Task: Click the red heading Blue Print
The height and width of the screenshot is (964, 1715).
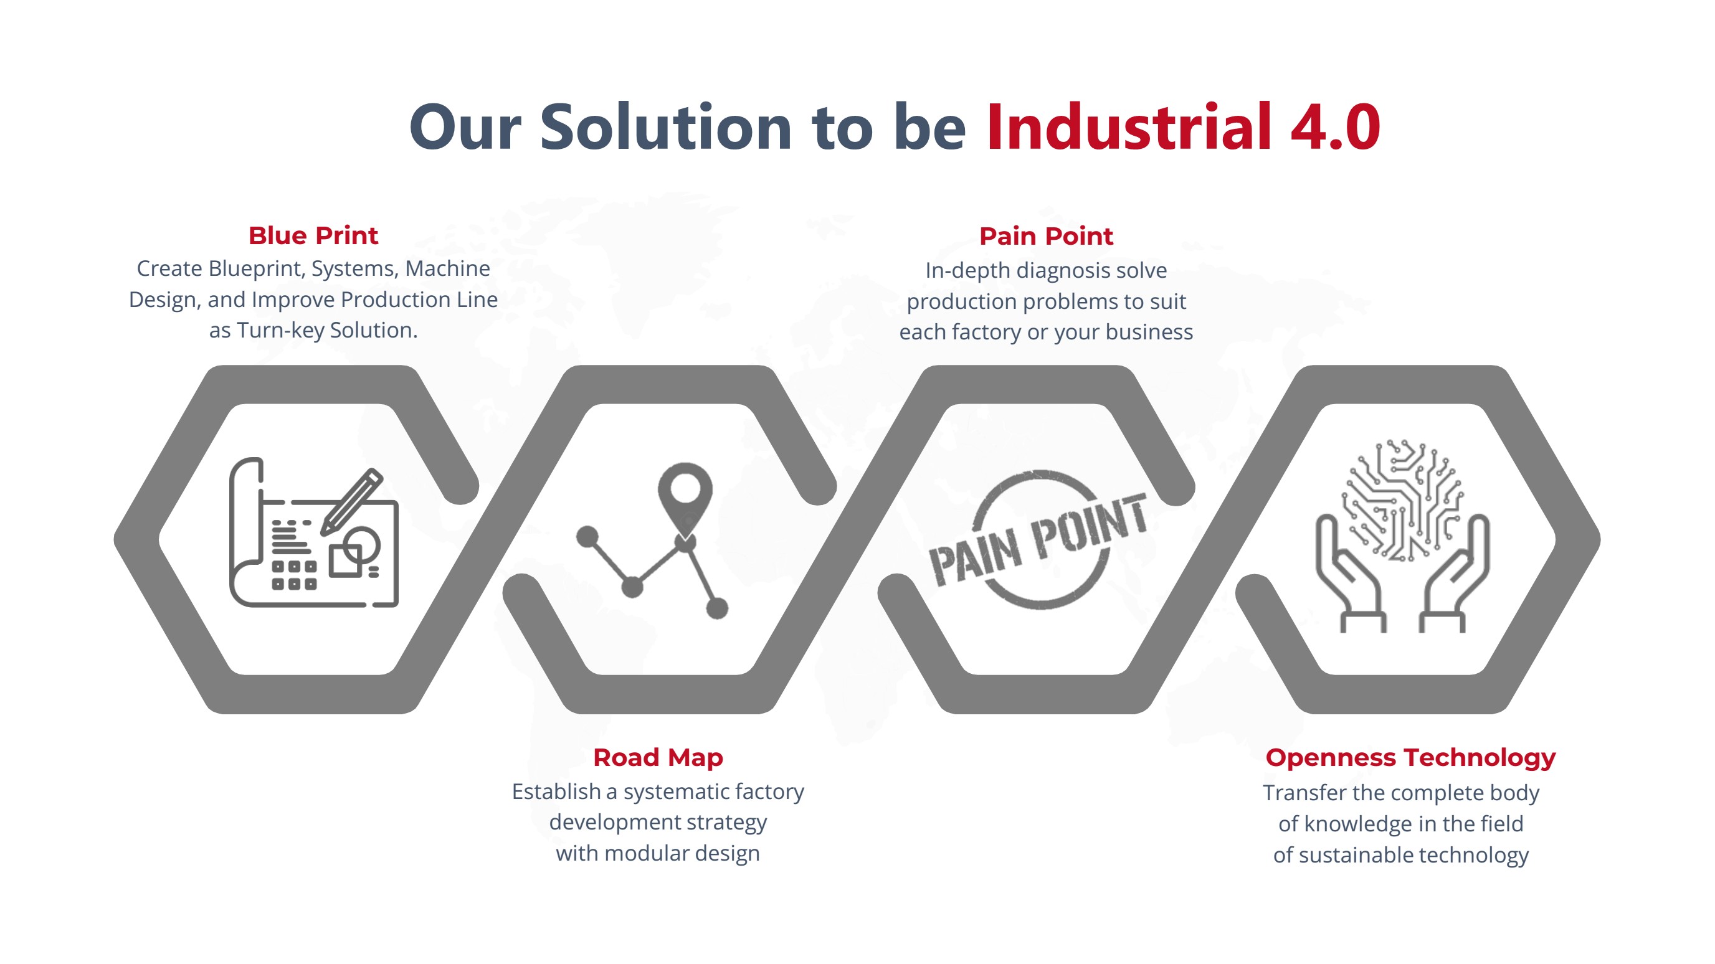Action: coord(313,235)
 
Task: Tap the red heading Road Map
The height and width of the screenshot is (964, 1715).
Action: coord(658,758)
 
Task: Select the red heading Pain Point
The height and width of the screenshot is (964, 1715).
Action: coord(1046,237)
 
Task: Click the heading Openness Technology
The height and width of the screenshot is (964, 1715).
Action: coord(1410,758)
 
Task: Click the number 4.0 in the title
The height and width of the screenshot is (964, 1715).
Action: coord(1335,126)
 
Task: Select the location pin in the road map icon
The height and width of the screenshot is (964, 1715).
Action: coord(685,499)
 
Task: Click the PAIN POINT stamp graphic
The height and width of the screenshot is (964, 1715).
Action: coord(1038,540)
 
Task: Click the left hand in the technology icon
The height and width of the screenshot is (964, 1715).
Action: coord(1349,573)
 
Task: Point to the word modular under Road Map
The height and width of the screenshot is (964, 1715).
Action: coord(646,854)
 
